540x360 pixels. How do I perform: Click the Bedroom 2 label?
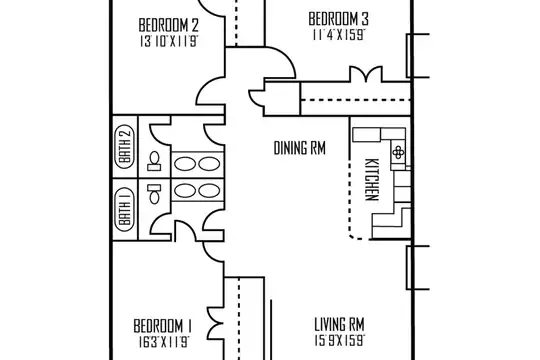coord(168,25)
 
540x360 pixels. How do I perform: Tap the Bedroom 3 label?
coord(339,19)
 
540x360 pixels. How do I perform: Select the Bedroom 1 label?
coord(163,326)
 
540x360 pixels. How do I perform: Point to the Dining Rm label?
coord(300,148)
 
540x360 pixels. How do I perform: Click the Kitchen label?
coord(372,179)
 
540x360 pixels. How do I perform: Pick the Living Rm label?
coord(339,324)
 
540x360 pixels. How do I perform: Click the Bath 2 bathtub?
coord(125,147)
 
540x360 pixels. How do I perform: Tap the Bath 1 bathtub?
coord(124,209)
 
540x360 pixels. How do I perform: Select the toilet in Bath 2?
coord(154,161)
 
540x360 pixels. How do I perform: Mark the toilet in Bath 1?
coord(154,194)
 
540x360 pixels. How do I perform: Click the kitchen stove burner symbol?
coord(398,152)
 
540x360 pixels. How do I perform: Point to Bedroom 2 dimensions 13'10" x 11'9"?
coord(169,42)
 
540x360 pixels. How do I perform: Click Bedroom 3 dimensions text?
coord(339,35)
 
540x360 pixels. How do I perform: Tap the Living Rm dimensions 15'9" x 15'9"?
coord(339,340)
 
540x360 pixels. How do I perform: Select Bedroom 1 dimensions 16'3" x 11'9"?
coord(164,342)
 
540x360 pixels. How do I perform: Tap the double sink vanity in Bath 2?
coord(197,164)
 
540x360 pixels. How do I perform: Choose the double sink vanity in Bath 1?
coord(197,190)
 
